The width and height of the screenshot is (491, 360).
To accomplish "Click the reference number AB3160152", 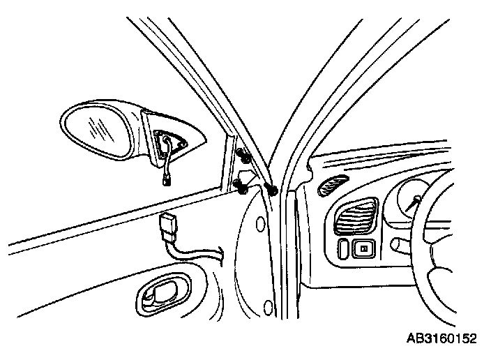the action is (441, 339).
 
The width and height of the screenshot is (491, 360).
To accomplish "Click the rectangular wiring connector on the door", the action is (168, 227).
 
